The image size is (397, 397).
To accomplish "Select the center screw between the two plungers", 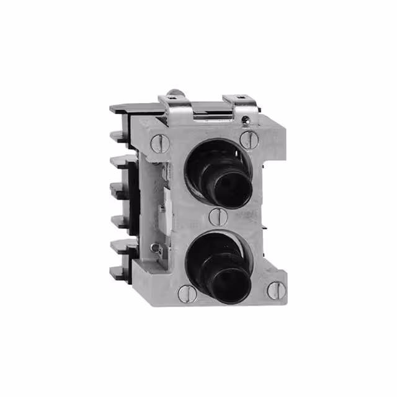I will tap(216, 216).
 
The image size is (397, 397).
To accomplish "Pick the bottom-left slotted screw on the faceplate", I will tap(186, 293).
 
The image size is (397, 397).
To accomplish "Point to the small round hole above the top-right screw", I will tap(248, 118).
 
